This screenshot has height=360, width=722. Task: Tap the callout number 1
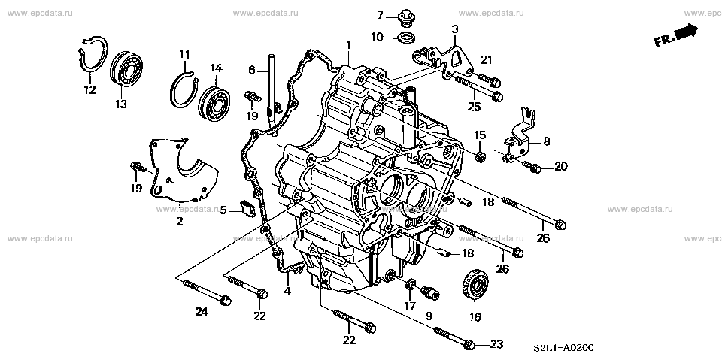(348, 46)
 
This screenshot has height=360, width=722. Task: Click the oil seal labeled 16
(474, 283)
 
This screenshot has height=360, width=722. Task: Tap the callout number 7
(381, 16)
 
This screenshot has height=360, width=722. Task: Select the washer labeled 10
(407, 37)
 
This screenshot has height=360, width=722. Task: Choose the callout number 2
(180, 221)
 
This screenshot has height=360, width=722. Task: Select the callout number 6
(253, 70)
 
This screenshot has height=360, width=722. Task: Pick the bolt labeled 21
(486, 77)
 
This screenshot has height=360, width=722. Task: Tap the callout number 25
(473, 107)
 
